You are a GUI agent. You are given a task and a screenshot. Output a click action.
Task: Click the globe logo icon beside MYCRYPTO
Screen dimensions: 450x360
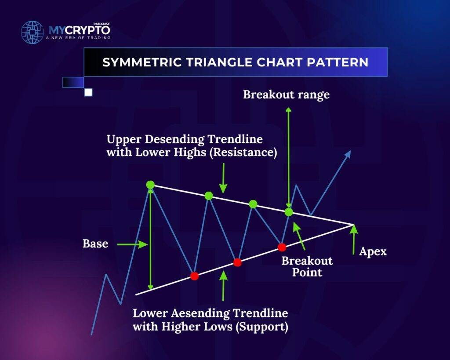coord(33,32)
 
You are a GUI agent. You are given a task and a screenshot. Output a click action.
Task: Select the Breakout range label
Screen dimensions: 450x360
coord(286,95)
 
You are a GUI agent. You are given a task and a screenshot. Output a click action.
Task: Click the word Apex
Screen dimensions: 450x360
coord(373,252)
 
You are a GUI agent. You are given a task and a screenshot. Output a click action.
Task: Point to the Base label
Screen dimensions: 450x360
coord(95,244)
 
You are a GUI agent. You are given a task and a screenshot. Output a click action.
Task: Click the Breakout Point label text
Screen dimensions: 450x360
coord(307,266)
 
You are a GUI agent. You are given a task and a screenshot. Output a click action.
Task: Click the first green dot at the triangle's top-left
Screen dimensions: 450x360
coord(150,185)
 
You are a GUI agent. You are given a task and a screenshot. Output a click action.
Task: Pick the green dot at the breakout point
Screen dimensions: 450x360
coord(289,212)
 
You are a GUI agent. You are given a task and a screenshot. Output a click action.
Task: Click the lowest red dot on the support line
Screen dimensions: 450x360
coord(194,276)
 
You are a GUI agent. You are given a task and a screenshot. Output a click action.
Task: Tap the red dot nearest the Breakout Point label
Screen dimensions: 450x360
coord(282,247)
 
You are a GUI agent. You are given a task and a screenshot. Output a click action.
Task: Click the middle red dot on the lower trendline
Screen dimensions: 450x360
coord(237,262)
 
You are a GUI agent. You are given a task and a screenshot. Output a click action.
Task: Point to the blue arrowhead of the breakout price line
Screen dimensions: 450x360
coord(348,154)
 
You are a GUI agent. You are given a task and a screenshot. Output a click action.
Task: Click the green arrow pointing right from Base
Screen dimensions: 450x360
coord(132,244)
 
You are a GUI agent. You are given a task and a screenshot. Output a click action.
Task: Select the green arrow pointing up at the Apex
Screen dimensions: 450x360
coord(354,240)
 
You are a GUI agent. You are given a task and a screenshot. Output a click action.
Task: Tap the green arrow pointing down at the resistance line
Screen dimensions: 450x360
coord(223,178)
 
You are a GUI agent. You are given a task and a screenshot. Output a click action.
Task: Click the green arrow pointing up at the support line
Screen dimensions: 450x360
coord(223,286)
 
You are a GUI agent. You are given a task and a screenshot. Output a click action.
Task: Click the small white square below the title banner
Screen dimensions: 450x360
coord(88,92)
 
